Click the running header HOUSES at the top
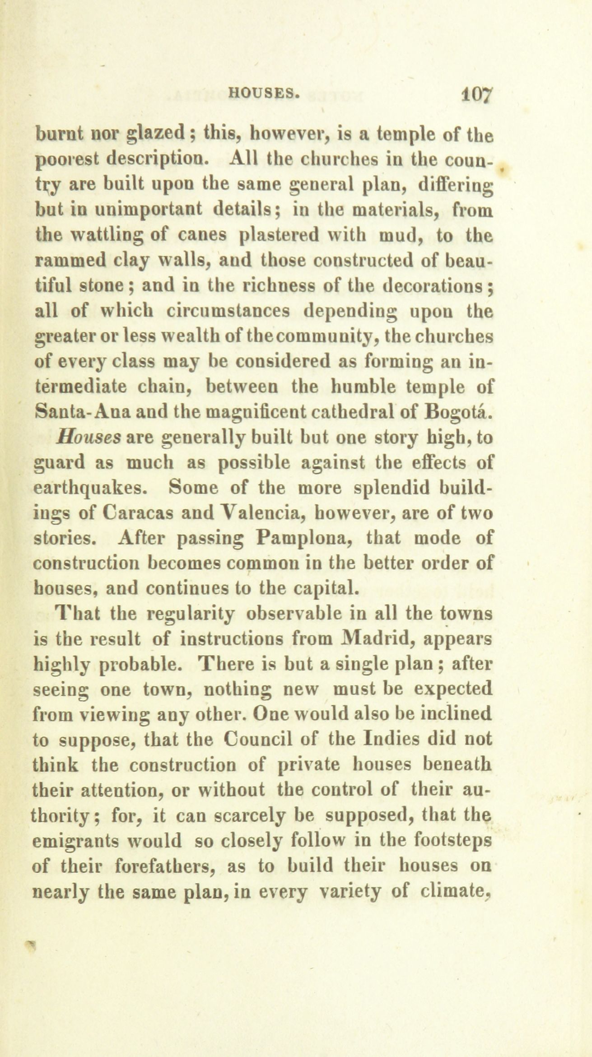[x=265, y=93]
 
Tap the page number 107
[x=478, y=95]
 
